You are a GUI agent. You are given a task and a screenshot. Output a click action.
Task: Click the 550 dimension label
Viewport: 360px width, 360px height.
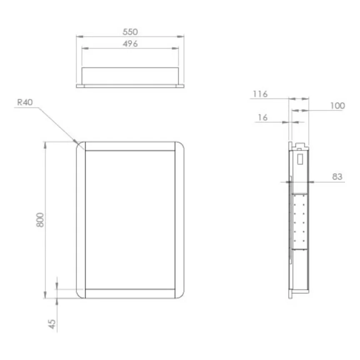[130, 32]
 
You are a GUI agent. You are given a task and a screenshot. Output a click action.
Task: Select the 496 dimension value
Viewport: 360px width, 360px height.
[130, 44]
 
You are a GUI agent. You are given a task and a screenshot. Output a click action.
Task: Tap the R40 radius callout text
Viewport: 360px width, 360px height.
[25, 102]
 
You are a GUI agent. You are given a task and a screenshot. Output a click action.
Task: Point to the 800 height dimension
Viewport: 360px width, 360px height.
[40, 219]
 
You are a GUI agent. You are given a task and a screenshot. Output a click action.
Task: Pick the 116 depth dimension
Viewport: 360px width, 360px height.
[260, 94]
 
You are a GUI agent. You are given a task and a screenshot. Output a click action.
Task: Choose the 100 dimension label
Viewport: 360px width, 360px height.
[337, 106]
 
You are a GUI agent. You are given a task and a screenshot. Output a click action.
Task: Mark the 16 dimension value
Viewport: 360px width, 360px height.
[262, 118]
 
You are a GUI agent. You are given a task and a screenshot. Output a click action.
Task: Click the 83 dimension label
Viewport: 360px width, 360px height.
[337, 177]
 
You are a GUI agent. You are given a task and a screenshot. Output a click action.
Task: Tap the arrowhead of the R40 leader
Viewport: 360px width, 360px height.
[76, 141]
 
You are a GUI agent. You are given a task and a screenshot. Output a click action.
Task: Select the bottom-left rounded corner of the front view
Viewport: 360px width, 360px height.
[80, 293]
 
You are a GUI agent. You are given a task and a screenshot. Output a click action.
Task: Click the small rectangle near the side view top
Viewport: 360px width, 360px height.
[300, 158]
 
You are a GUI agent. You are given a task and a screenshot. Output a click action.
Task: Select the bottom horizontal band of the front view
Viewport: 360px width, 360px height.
[130, 293]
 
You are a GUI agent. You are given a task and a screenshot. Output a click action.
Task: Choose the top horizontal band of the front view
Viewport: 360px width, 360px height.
[130, 146]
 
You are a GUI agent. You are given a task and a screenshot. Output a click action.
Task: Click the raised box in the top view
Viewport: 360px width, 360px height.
[130, 75]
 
